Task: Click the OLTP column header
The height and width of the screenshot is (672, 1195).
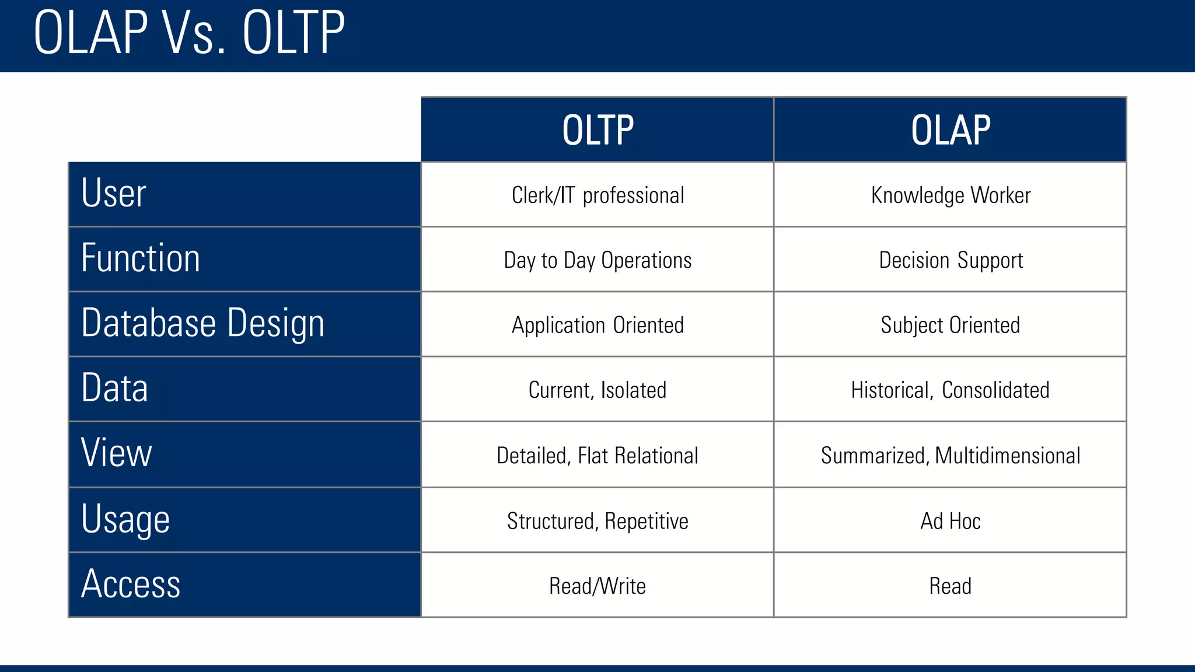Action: (x=597, y=130)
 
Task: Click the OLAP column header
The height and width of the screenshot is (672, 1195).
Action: (x=951, y=130)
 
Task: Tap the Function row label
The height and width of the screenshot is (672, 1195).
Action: (x=141, y=258)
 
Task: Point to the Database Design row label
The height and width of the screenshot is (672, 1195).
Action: (x=202, y=323)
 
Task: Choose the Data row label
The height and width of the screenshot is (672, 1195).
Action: (x=115, y=388)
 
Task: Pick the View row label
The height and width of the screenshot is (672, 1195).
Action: (x=117, y=453)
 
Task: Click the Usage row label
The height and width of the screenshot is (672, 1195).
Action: (x=125, y=519)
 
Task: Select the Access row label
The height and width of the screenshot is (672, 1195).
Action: (x=131, y=584)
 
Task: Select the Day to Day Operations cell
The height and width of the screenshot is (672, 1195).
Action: (x=597, y=260)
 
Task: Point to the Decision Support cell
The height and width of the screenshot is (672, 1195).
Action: (x=951, y=260)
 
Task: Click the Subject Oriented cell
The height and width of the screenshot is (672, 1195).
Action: (x=951, y=325)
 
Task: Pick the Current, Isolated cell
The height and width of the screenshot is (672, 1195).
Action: (x=597, y=390)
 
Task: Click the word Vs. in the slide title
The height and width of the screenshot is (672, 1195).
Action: (x=194, y=33)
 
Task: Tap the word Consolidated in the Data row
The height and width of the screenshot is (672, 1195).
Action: (x=995, y=390)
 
